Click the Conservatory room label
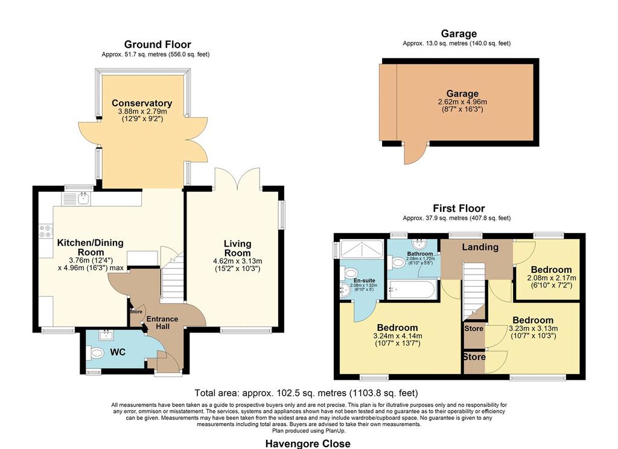[142, 103]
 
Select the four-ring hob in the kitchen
[46, 231]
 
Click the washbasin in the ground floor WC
[106, 335]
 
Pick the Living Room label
[237, 249]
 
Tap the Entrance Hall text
[162, 322]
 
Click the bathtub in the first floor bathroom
[412, 290]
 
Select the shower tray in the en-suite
[362, 249]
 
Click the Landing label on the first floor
[480, 247]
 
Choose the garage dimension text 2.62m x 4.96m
[462, 102]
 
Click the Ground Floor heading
[158, 45]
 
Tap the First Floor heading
[459, 208]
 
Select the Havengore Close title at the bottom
[308, 444]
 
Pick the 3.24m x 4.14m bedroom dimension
[397, 336]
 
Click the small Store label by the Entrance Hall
[136, 311]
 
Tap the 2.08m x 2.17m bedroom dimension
[551, 278]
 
